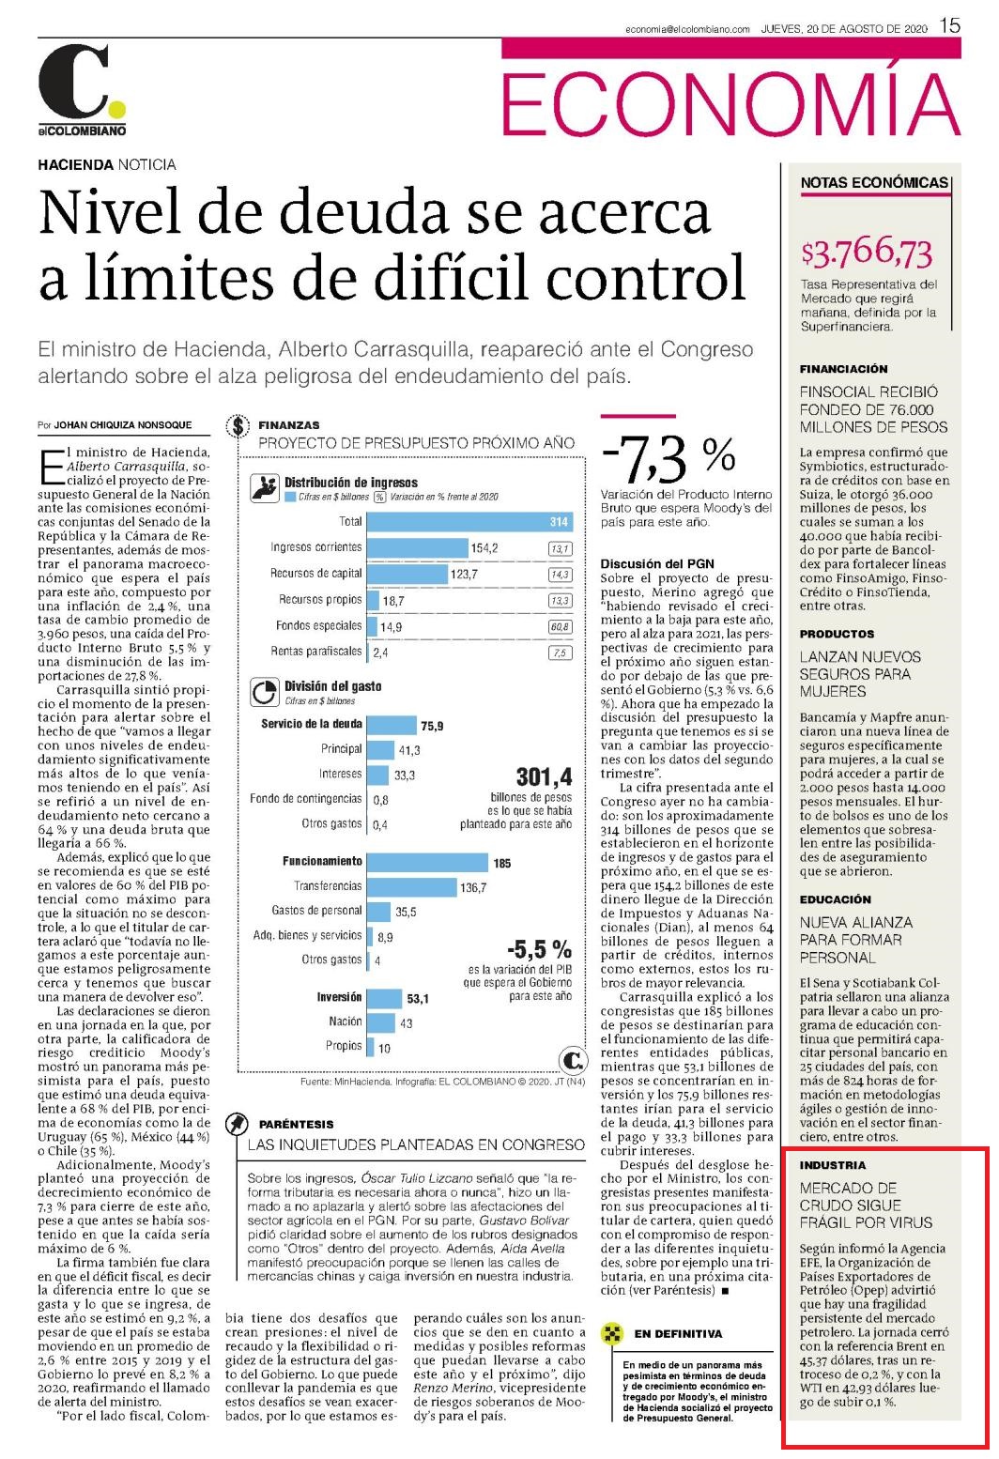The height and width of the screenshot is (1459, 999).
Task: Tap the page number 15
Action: click(950, 26)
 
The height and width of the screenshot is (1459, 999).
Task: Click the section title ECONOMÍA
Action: click(730, 104)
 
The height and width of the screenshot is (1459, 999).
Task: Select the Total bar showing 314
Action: click(469, 522)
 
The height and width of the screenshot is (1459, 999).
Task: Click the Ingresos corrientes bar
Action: click(418, 547)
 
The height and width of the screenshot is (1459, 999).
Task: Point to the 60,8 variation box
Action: click(561, 626)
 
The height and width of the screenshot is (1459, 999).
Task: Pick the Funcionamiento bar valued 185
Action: click(427, 863)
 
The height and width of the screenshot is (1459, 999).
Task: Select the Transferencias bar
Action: click(412, 887)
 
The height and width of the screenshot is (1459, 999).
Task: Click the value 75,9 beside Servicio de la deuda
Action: click(432, 726)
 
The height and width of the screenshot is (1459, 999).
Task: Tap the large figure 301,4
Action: click(544, 776)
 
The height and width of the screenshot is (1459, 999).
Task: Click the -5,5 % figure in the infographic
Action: click(539, 948)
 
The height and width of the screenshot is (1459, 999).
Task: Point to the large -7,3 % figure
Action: click(669, 457)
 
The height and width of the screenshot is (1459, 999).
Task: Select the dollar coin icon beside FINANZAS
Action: click(238, 426)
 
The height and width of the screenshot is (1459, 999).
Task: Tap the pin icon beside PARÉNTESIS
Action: click(237, 1124)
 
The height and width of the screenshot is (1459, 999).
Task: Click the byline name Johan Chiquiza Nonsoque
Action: click(122, 424)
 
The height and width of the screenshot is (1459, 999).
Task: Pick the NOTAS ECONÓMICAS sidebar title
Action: click(874, 182)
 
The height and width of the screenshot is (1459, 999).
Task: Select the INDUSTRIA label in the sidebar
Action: click(833, 1165)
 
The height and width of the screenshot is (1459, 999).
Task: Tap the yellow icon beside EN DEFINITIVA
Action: click(611, 1333)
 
